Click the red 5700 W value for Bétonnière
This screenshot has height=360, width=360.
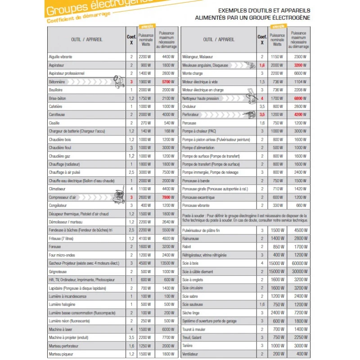(x=167, y=82)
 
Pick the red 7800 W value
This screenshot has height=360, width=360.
(x=167, y=198)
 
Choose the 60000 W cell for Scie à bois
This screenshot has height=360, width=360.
(x=300, y=263)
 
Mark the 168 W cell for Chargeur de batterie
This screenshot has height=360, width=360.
(x=167, y=131)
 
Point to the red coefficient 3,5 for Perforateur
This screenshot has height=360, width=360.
(x=262, y=115)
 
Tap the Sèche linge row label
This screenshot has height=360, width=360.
(x=191, y=313)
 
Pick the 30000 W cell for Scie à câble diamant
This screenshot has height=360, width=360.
(x=300, y=272)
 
